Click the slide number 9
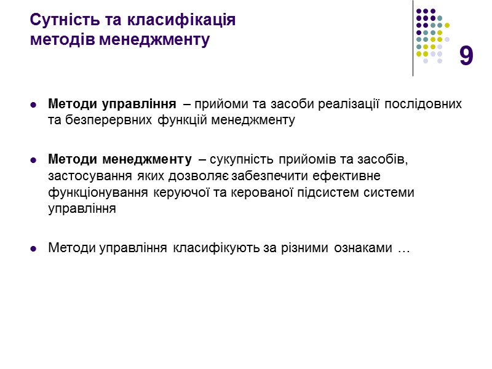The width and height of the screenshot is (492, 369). click(466, 56)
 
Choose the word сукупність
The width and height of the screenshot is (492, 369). click(239, 160)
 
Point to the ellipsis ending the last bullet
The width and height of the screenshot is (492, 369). click(403, 250)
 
